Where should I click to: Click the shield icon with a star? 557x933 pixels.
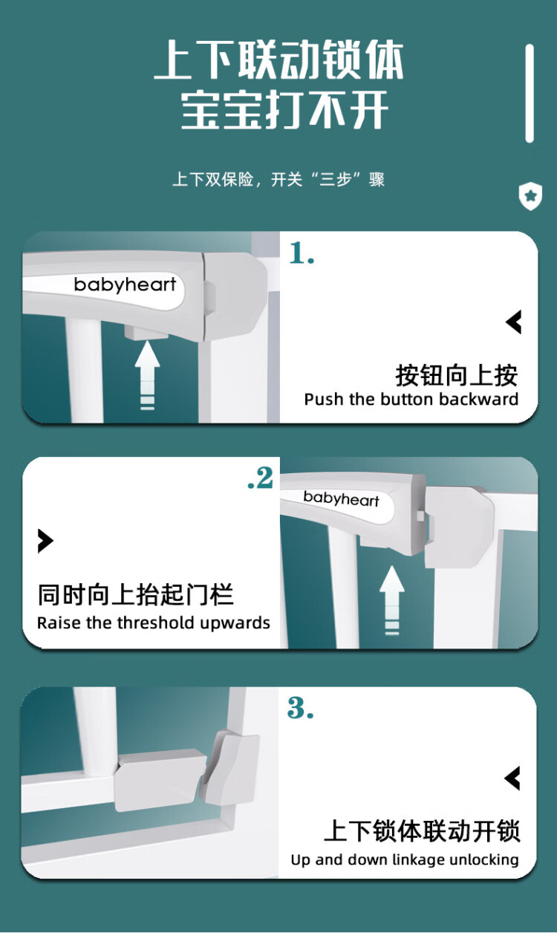530,196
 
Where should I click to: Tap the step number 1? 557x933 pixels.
302,253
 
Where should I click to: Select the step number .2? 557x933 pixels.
261,478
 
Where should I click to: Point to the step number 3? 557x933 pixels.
300,707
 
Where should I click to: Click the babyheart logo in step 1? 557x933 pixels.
125,285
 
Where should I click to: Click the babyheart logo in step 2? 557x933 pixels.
342,498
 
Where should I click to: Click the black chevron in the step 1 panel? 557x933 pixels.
514,322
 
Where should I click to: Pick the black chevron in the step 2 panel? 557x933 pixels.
45,541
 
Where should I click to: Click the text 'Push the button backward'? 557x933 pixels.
411,400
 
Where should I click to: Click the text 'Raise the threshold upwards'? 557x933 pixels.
153,623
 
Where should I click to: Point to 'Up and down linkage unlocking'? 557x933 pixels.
405,859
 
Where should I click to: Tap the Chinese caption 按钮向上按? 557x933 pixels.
457,375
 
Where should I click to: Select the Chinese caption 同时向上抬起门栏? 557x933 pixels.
135,594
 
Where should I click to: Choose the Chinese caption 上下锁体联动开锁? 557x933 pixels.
422,831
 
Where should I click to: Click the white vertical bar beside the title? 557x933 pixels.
530,94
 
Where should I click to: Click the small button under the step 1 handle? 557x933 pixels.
146,332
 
